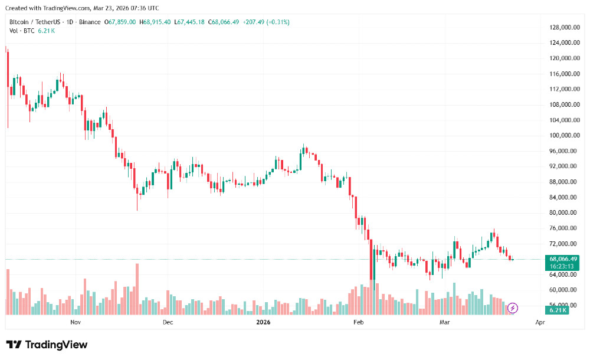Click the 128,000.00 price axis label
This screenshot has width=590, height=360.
(563, 28)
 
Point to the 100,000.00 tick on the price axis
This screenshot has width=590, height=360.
(563, 136)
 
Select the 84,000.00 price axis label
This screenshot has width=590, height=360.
(563, 198)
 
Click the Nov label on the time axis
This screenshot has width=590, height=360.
(75, 322)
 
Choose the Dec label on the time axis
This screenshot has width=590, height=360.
(168, 322)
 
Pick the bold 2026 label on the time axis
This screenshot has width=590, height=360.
(263, 322)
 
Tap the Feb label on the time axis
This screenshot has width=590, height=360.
(358, 322)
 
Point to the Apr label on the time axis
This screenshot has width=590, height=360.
(539, 322)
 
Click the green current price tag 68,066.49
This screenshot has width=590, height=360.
(563, 259)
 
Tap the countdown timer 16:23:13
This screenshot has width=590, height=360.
(563, 266)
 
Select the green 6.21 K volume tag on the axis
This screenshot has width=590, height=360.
(558, 310)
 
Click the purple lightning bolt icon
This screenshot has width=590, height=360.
(513, 307)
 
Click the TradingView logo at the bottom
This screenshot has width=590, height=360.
(47, 345)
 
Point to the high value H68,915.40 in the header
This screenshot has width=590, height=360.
(156, 22)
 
